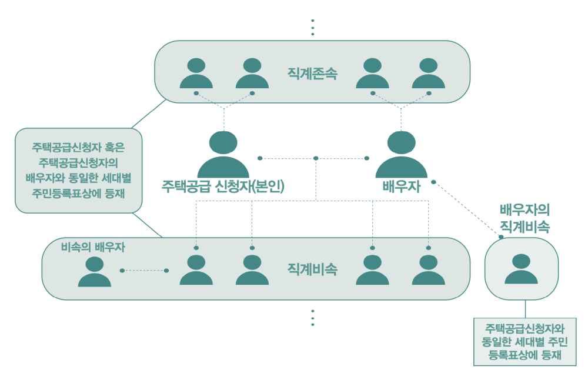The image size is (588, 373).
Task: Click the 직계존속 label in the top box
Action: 312,74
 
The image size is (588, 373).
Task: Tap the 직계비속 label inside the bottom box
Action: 312,269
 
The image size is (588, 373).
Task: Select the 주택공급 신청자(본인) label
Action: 223,187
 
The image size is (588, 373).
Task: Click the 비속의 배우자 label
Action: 93,247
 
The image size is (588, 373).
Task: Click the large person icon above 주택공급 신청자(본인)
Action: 223,154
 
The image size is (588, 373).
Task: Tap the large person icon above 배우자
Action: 402,154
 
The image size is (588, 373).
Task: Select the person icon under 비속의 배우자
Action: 95,271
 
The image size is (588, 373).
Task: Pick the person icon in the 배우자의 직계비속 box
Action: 521,269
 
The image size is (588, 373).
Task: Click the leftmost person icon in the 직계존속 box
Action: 196,74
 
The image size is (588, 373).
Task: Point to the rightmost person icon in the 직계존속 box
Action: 429,74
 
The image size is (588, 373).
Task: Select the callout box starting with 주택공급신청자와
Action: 526,342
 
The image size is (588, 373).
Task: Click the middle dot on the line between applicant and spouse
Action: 316,158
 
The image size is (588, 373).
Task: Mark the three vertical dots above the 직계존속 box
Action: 313,27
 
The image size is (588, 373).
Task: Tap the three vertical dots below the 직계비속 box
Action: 313,317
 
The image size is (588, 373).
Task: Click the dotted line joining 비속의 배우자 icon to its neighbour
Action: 144,271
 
